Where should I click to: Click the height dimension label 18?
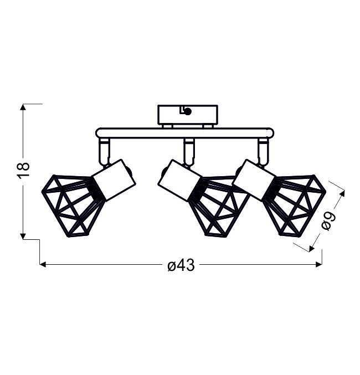click(x=24, y=169)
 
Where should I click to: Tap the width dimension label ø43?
click(x=181, y=265)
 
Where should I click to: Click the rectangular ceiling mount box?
click(x=188, y=115)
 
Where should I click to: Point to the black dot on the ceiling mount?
click(x=188, y=111)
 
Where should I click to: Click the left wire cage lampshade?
click(x=73, y=206)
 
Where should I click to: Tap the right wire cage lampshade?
click(x=294, y=206)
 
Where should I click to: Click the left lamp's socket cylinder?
click(x=114, y=180)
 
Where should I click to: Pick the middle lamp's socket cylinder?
click(x=179, y=181)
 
